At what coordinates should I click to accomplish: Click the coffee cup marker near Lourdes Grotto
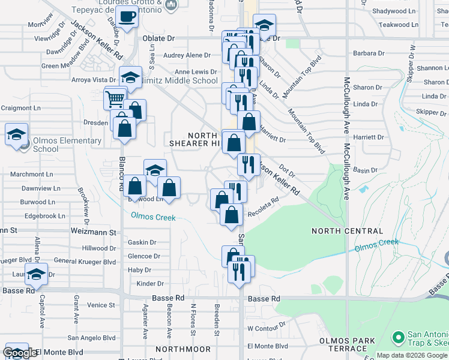(127, 17)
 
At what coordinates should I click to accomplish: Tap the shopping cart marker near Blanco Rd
(115, 97)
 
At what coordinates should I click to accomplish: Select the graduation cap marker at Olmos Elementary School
(17, 134)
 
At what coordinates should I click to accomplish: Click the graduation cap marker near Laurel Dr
(36, 274)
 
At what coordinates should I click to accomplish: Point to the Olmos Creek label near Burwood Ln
(154, 217)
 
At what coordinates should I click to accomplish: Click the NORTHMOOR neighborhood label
(183, 349)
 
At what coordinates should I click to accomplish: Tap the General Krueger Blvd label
(85, 262)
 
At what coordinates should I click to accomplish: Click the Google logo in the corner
(20, 353)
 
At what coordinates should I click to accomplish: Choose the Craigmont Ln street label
(20, 108)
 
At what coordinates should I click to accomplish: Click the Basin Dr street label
(365, 170)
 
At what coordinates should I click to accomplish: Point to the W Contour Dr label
(263, 329)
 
